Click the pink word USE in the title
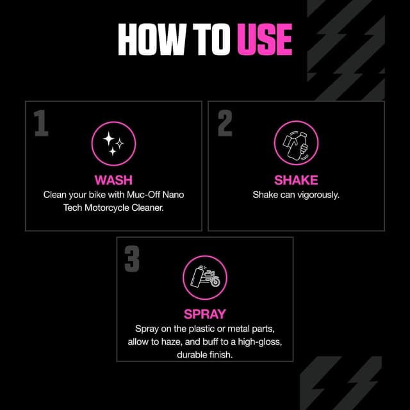point(265,40)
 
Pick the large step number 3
point(132,259)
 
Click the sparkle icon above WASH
point(114,143)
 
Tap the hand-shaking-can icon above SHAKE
point(296,143)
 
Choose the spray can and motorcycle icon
point(205,277)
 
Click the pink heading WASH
point(114,180)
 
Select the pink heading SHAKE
point(296,180)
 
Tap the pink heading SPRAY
point(205,315)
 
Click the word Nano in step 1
point(174,195)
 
